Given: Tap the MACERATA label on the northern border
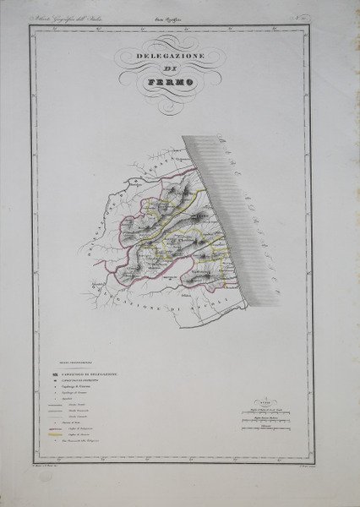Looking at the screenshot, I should point(152,167).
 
